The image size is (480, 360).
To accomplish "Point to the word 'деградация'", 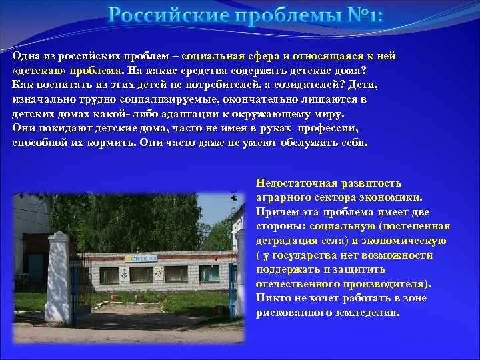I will pos(287,241).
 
